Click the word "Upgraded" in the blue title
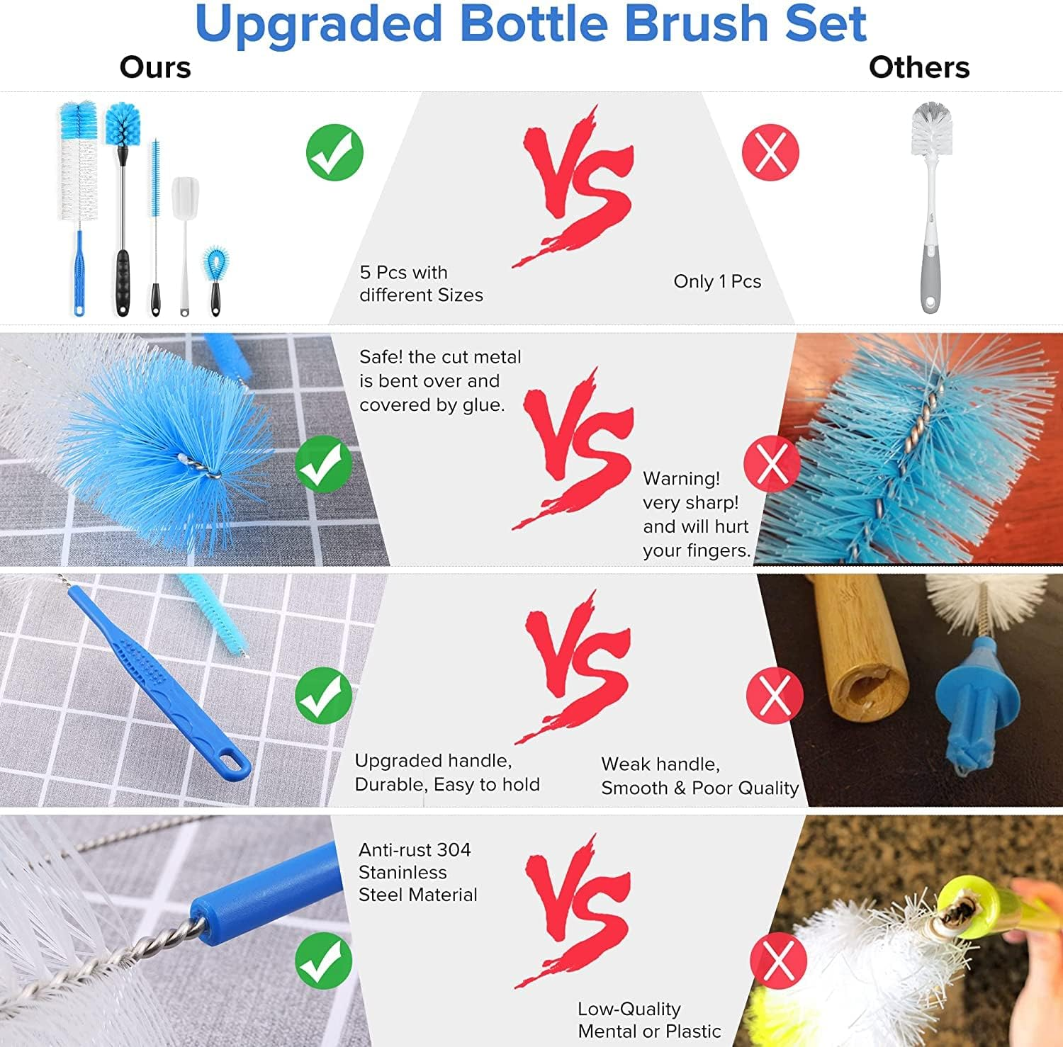point(320,24)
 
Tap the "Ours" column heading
point(155,67)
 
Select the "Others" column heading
point(918,67)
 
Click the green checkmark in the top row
point(334,152)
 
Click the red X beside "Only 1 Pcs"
point(770,152)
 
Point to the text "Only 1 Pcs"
point(717,281)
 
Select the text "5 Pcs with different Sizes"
point(421,283)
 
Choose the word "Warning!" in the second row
point(681,479)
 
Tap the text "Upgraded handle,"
point(433,761)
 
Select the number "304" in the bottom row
point(454,849)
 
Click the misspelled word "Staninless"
point(403,872)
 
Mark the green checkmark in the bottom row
point(323,961)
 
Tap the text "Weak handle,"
point(660,764)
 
